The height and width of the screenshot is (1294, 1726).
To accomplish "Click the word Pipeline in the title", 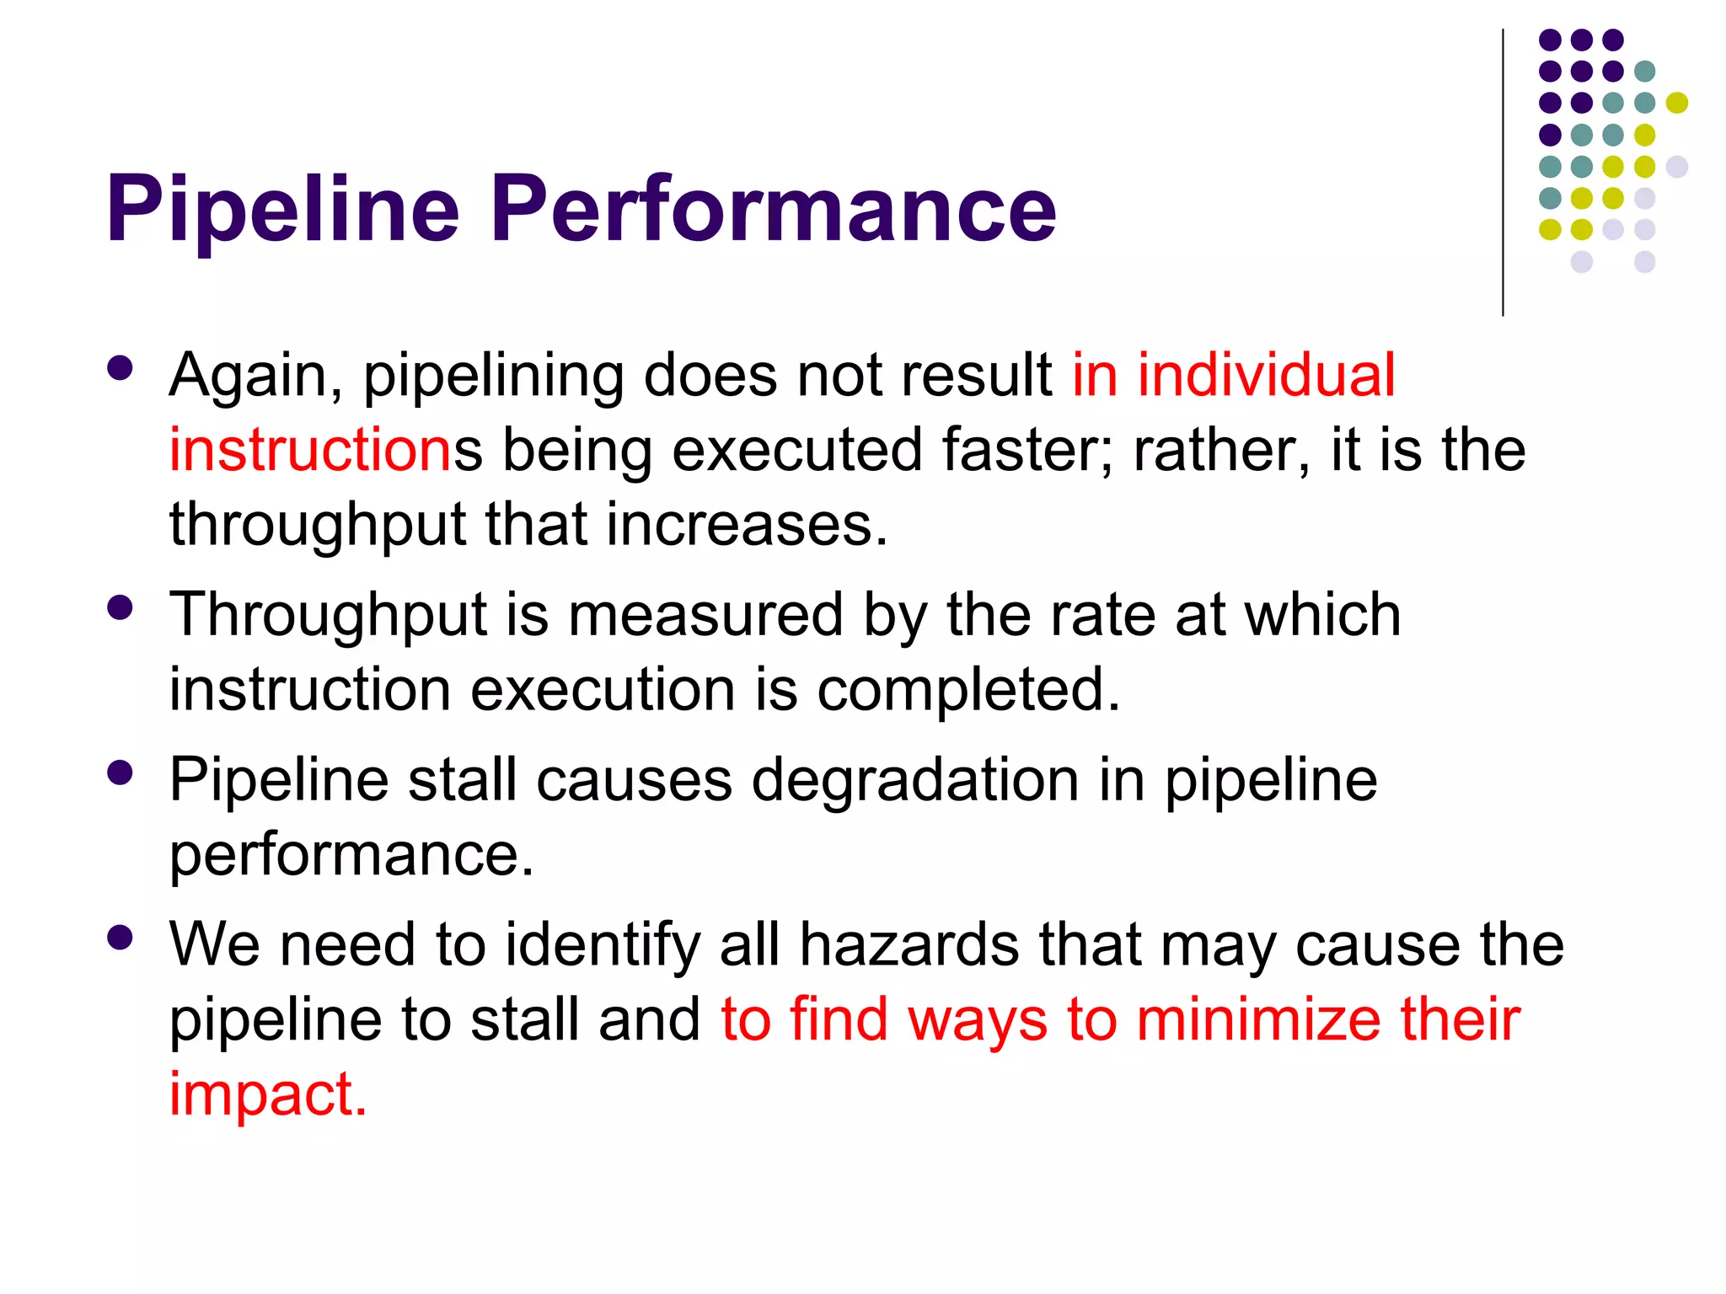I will pos(282,209).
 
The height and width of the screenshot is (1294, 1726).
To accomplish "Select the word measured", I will pos(705,614).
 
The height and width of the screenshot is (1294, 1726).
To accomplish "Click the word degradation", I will pos(915,781).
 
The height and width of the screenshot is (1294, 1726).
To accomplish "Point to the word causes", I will pos(634,781).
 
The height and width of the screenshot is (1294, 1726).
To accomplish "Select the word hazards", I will pos(909,944).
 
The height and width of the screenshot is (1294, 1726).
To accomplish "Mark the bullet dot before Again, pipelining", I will pos(121,369).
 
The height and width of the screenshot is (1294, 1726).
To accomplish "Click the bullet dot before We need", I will pos(121,938).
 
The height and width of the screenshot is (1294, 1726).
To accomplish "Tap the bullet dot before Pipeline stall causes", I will pos(121,773).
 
